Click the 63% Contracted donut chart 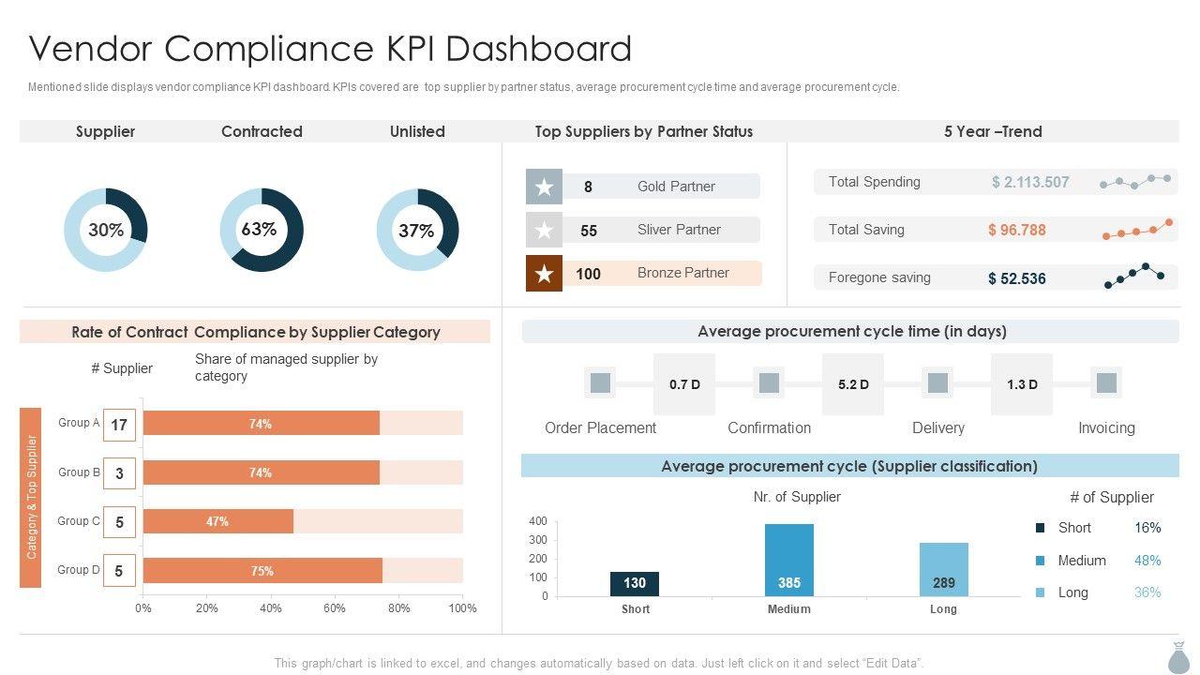point(262,230)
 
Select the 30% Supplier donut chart point(106,230)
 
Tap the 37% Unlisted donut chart point(417,230)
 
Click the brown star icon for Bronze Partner point(544,274)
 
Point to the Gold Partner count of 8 point(588,187)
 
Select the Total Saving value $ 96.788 point(1016,230)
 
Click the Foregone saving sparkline point(1135,276)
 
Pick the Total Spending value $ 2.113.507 point(1030,182)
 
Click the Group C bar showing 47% point(217,521)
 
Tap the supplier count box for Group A point(119,425)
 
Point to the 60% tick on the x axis point(335,608)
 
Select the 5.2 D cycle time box point(853,384)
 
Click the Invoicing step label point(1106,427)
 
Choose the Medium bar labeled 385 point(789,560)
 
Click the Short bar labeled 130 point(635,583)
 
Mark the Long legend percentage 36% point(1147,592)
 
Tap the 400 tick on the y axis point(538,521)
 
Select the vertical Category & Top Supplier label point(31,497)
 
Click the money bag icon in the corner point(1178,657)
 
